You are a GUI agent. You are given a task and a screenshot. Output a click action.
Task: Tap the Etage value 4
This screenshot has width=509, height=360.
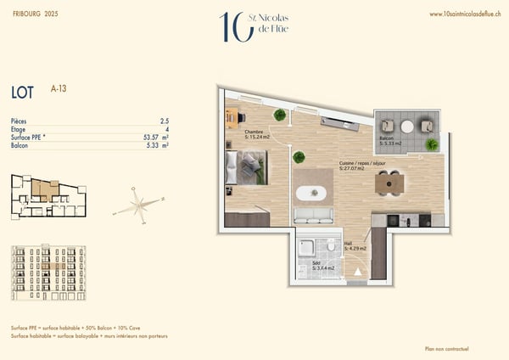click(166, 129)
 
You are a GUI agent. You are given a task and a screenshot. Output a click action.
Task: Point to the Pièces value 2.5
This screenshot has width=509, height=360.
click(164, 121)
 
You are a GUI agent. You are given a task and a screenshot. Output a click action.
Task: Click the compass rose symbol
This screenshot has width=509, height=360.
click(137, 205)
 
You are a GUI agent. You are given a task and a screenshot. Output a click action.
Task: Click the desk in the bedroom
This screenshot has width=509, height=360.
click(232, 118)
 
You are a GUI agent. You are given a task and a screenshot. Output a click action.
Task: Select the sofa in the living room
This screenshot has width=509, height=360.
click(313, 216)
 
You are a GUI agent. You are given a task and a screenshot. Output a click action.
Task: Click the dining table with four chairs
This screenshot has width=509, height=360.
click(389, 183)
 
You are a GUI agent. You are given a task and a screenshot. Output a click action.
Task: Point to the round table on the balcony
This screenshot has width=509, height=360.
click(407, 127)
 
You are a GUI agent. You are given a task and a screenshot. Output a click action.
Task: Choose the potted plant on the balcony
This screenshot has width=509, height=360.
click(432, 144)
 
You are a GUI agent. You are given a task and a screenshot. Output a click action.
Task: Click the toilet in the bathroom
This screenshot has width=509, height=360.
click(328, 249)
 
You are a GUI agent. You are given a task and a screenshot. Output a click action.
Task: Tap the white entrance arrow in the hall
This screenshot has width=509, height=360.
click(357, 273)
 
